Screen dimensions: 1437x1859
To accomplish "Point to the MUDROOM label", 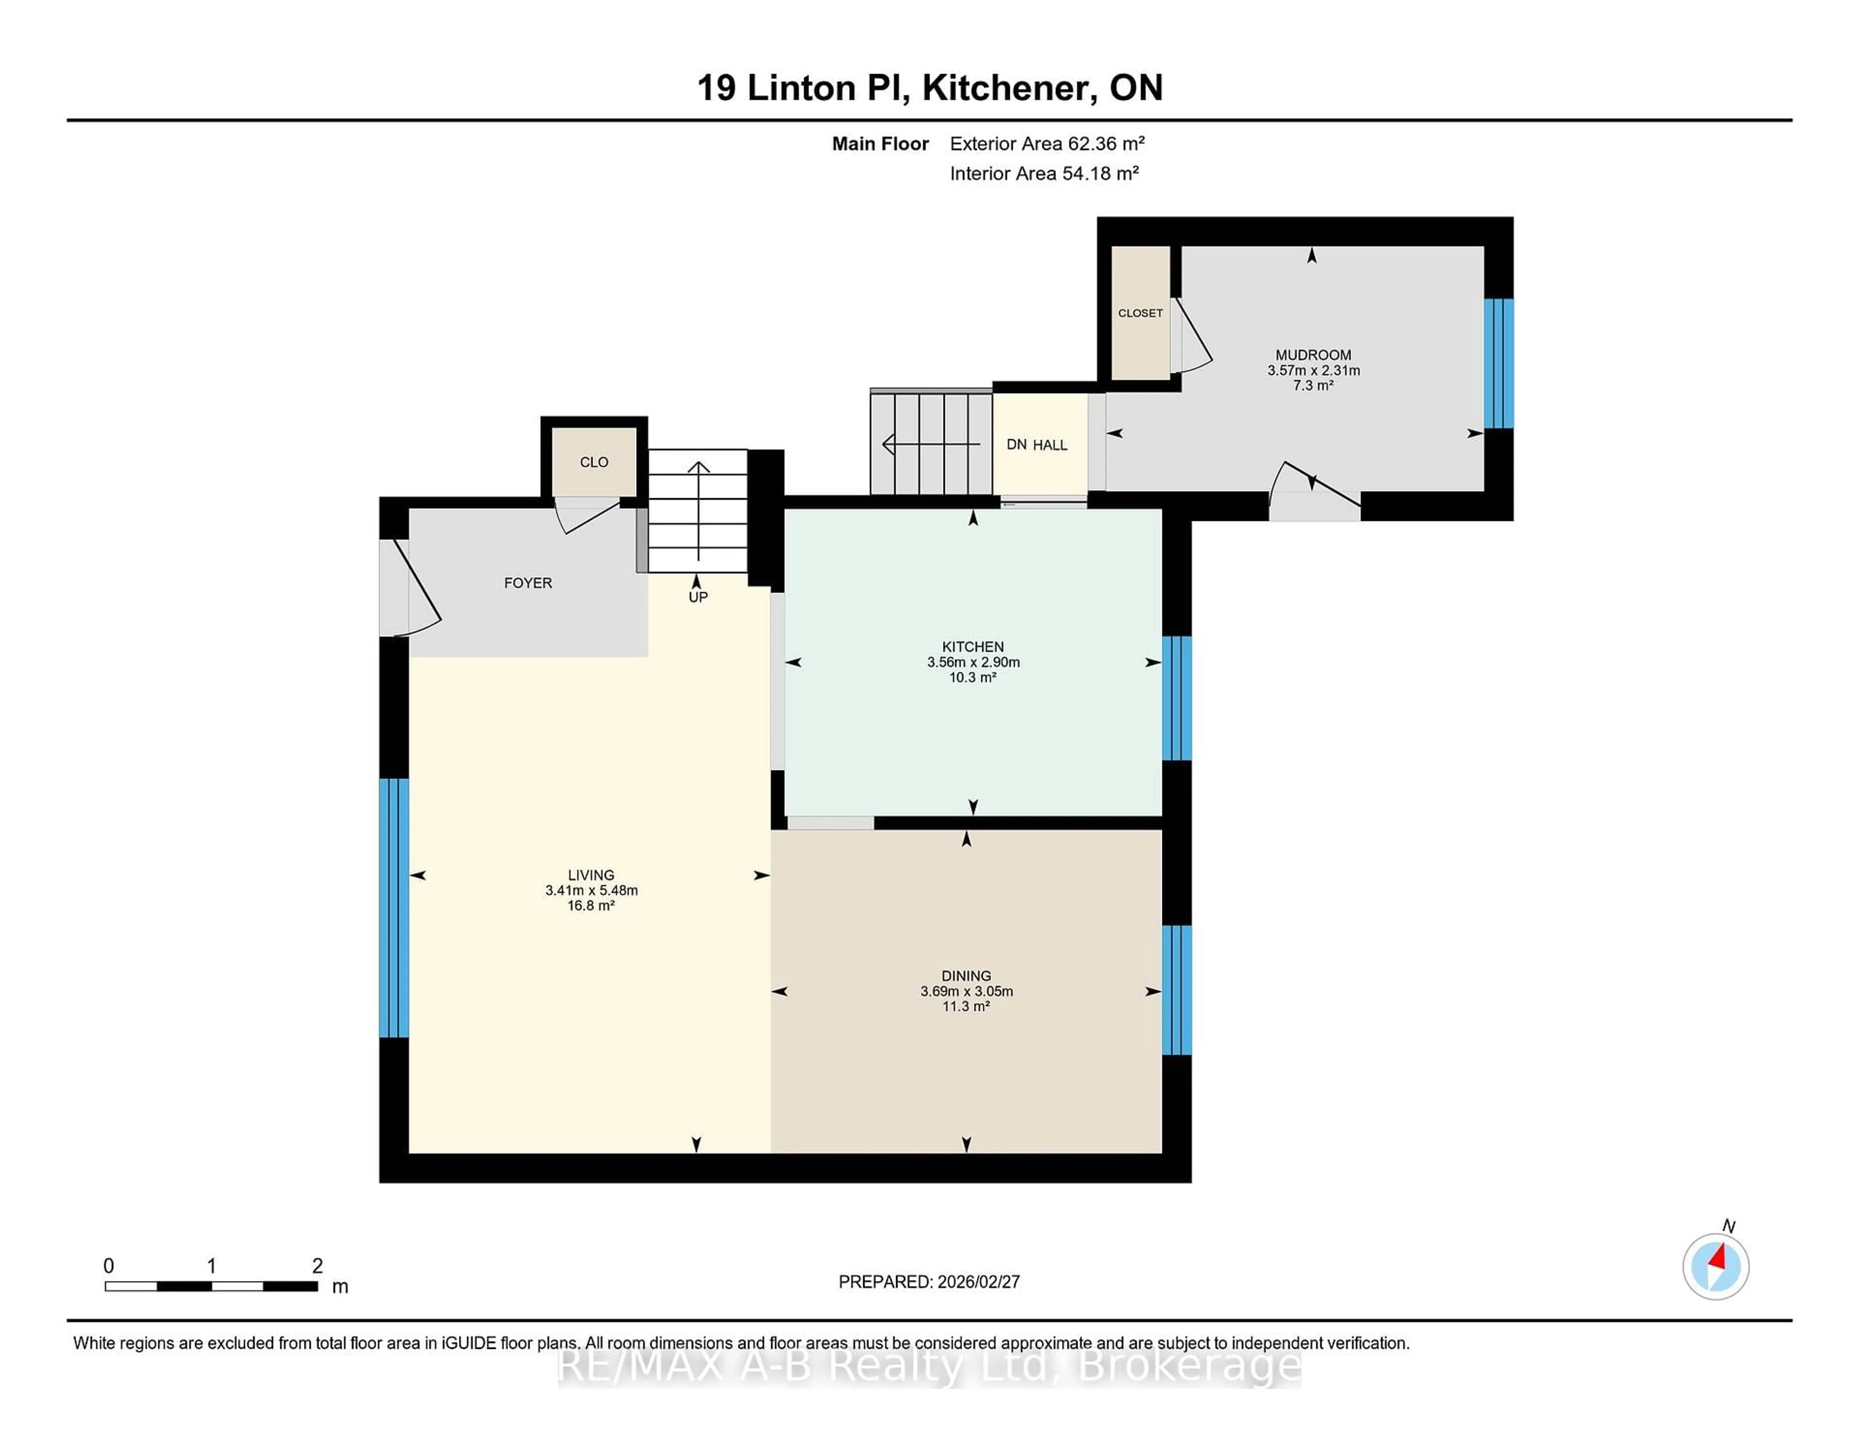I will click(x=1312, y=355).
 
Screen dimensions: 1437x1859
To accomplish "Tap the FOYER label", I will click(x=528, y=583).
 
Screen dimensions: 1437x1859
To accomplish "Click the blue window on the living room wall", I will click(x=394, y=907).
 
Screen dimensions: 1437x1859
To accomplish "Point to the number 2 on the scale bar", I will click(x=318, y=1266).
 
